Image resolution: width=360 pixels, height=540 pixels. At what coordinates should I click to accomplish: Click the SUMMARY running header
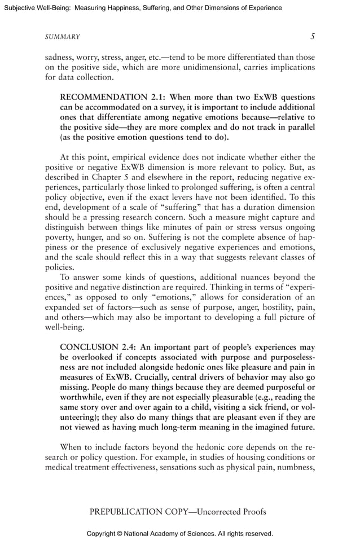(x=62, y=37)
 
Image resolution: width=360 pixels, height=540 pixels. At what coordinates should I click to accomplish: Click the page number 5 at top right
(x=312, y=36)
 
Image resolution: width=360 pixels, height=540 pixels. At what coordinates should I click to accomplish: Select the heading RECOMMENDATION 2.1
(x=112, y=96)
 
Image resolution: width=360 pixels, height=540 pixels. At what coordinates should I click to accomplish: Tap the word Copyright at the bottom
(x=101, y=533)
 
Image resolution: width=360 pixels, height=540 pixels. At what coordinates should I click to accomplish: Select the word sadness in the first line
(x=59, y=57)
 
